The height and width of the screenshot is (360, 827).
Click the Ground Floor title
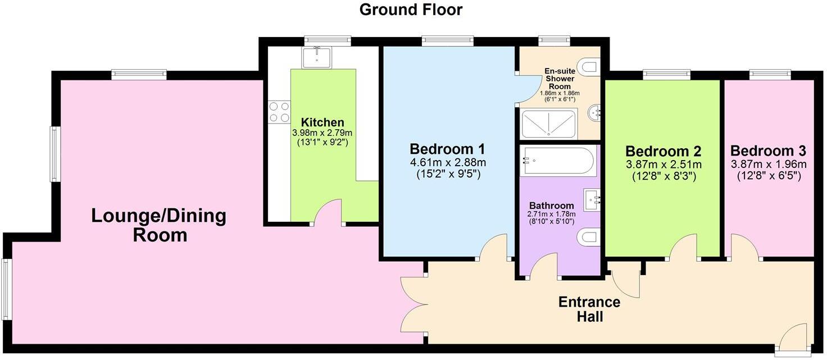coord(410,10)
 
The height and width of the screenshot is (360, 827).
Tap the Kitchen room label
coord(322,122)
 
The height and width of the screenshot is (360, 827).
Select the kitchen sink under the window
coord(317,57)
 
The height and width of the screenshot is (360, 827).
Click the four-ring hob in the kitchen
coord(279,111)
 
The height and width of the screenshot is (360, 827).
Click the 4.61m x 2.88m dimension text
coord(447,162)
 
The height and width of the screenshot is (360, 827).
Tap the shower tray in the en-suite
coord(548,124)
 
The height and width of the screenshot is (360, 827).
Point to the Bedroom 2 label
coord(663,151)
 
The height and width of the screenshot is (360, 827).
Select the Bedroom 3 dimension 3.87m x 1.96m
coord(768,164)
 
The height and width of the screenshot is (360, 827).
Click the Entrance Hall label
coord(589,309)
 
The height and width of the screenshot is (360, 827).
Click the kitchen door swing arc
coord(328,212)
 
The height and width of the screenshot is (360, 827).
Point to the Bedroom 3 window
coord(770,73)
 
